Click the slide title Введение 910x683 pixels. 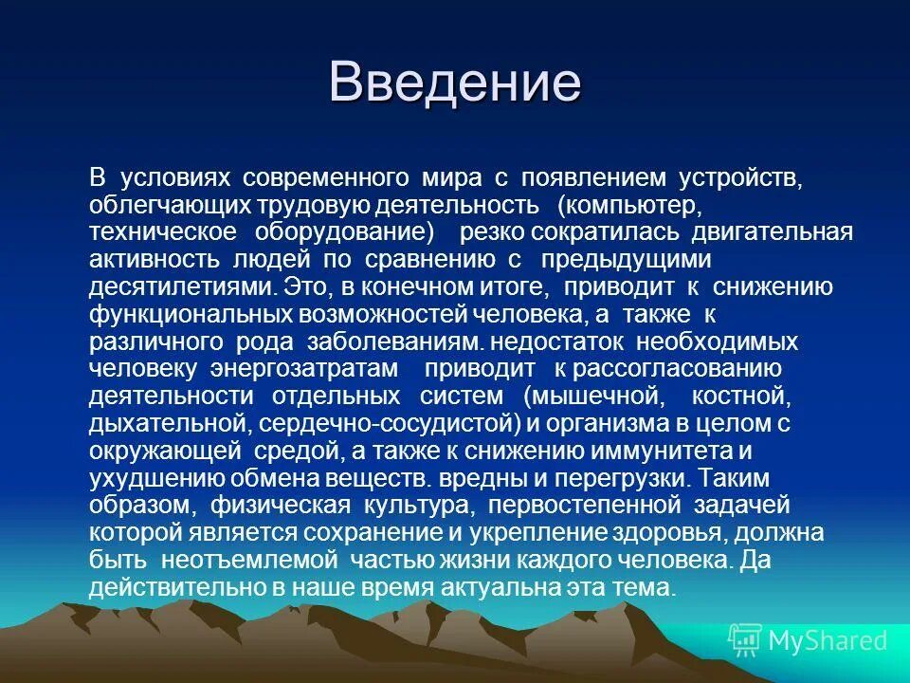click(x=454, y=82)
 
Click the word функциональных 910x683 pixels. click(x=182, y=315)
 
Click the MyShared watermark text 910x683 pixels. click(x=828, y=640)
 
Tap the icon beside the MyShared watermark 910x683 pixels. click(x=745, y=641)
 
